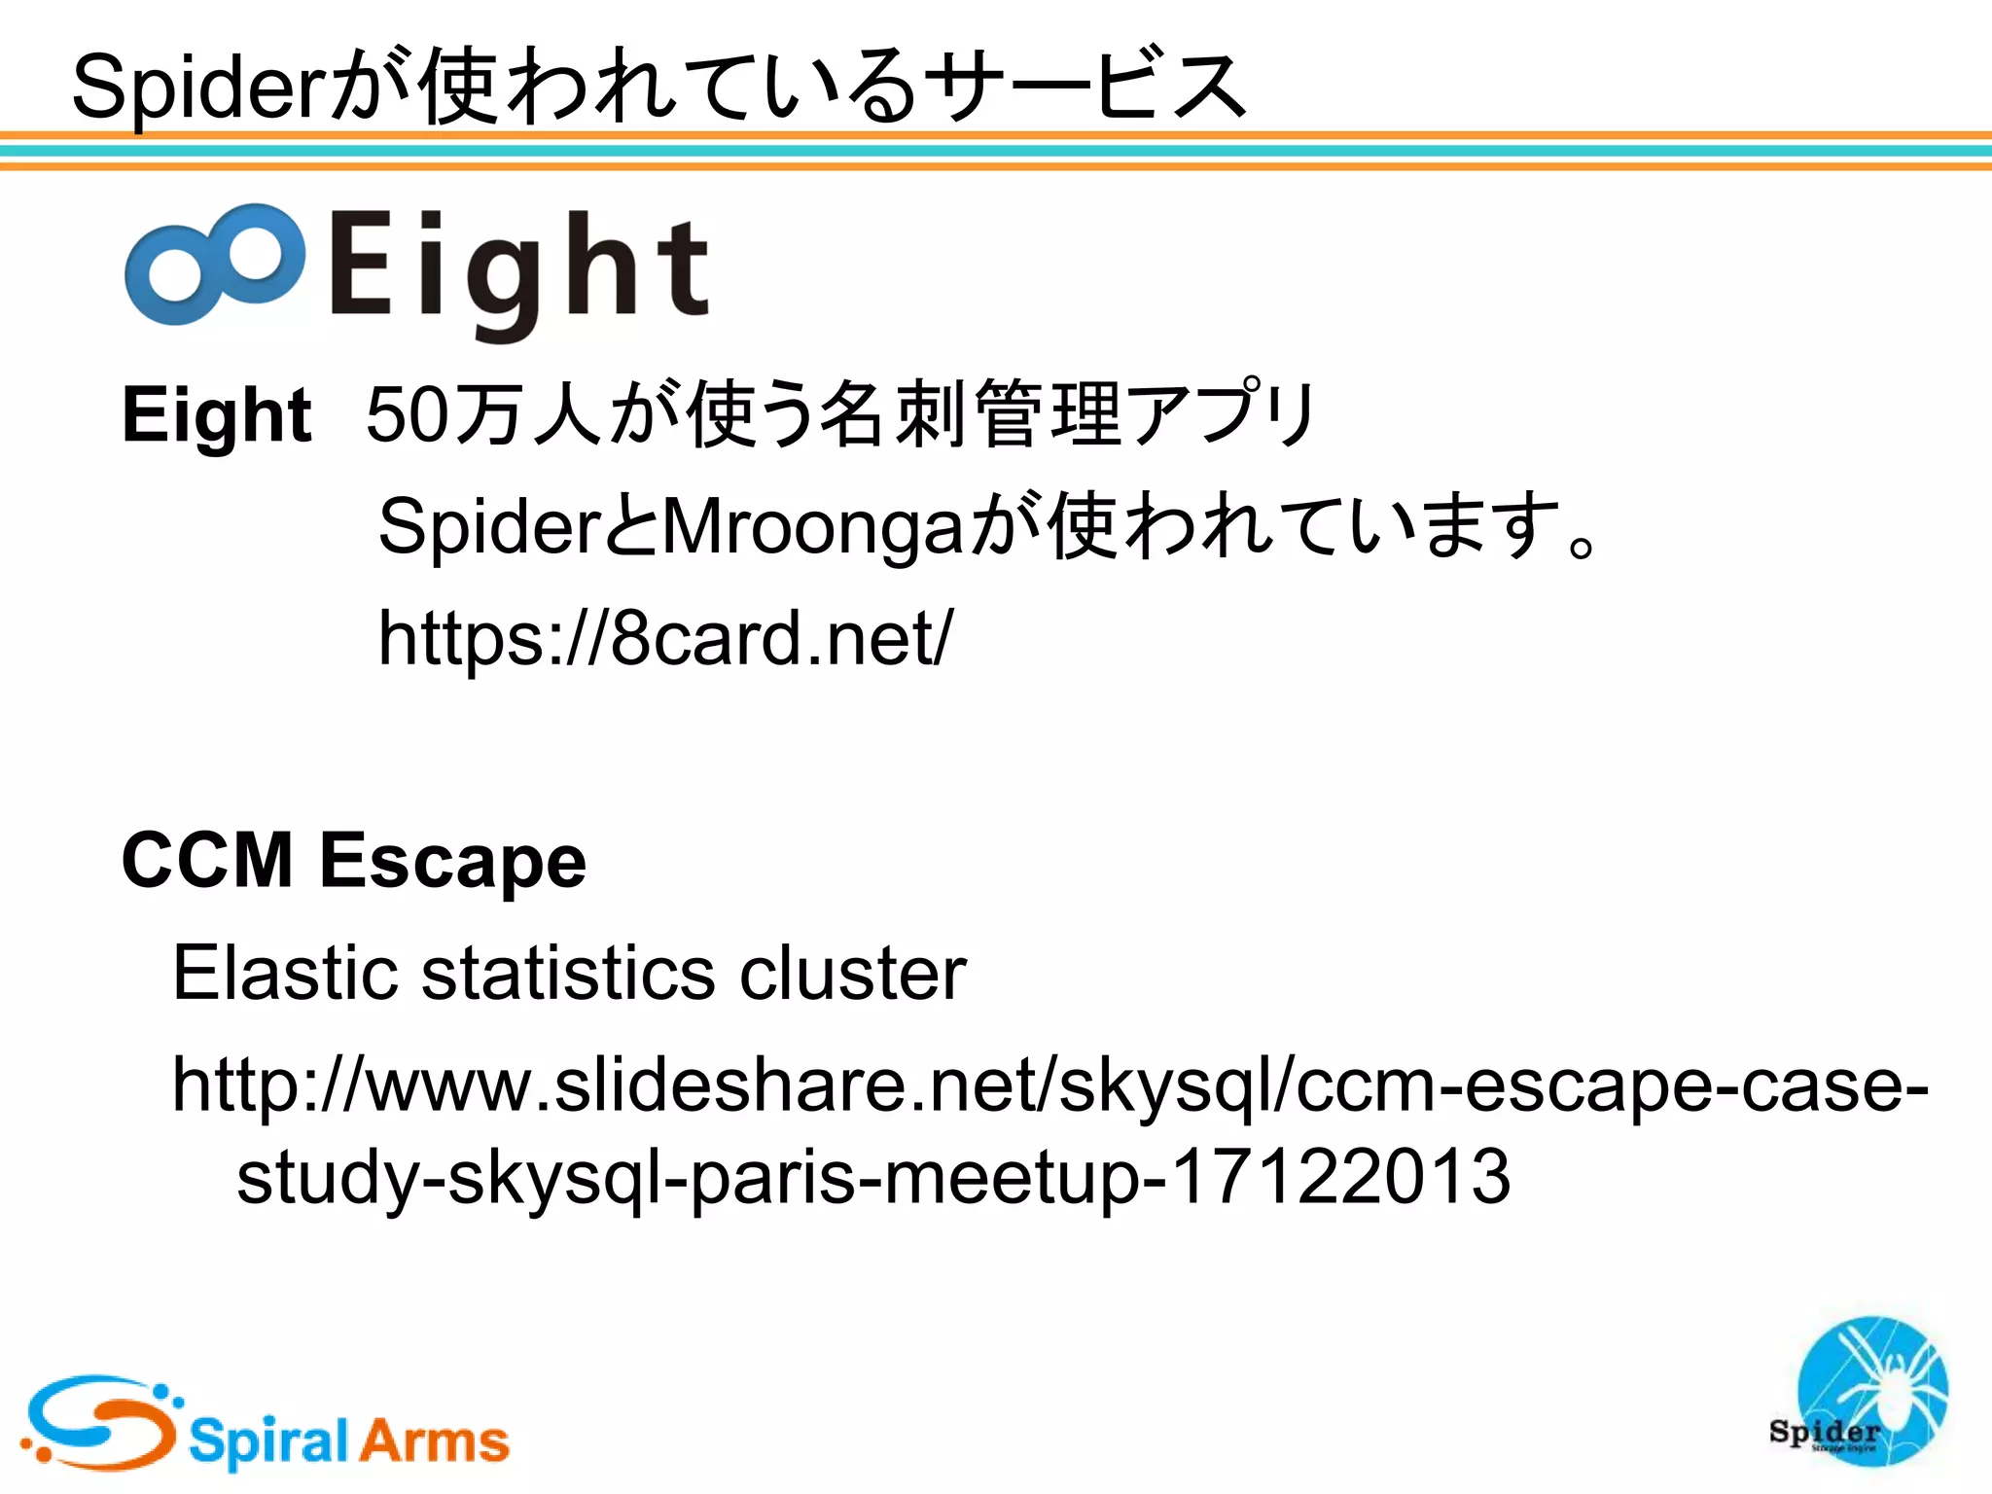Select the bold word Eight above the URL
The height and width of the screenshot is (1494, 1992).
point(216,415)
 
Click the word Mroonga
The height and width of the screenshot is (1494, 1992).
point(813,526)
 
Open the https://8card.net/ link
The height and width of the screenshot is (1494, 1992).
point(665,638)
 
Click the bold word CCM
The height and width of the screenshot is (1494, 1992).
point(207,860)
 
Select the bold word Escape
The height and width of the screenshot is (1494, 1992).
point(453,862)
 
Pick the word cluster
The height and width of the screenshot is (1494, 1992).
point(853,972)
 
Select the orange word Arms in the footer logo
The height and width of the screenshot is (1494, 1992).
point(433,1440)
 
